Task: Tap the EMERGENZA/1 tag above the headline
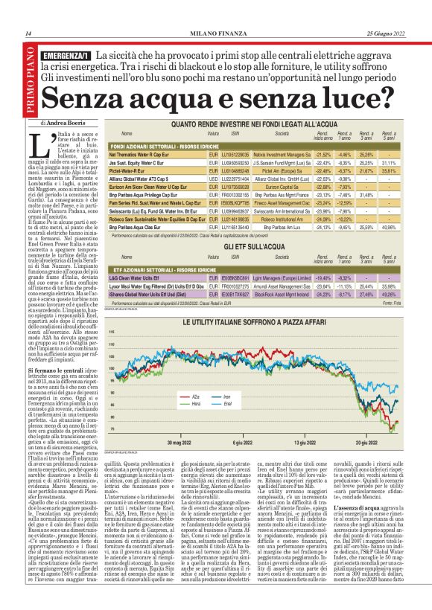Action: pos(66,57)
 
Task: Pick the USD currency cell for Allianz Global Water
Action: pos(212,179)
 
